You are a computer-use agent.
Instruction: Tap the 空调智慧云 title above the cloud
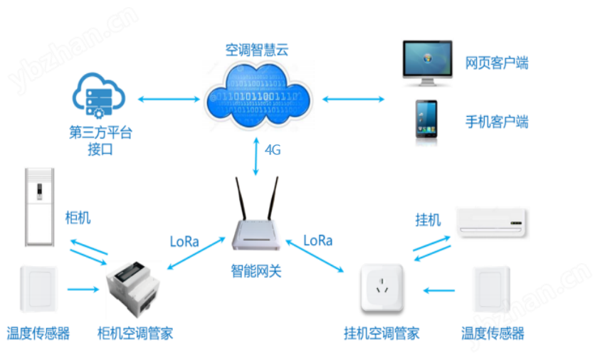pos(257,50)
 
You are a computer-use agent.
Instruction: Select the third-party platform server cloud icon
pos(99,95)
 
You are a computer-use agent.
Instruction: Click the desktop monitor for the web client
pos(428,63)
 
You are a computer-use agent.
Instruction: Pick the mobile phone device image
pos(426,120)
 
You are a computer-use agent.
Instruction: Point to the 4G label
pos(273,150)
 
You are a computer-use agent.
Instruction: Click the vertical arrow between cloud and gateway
pos(256,157)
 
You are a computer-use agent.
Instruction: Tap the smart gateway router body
pos(256,234)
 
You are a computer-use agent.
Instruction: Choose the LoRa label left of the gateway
pos(184,242)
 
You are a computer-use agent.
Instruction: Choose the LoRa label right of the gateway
pos(318,240)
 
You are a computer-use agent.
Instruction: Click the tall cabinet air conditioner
pos(39,206)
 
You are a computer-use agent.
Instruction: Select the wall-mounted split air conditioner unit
pos(491,223)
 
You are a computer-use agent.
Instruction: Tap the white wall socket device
pos(382,287)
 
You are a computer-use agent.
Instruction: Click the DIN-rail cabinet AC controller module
pos(133,290)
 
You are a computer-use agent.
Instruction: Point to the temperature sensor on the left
pos(39,290)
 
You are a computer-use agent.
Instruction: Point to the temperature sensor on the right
pos(491,290)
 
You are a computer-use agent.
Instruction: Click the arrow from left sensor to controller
pos(83,290)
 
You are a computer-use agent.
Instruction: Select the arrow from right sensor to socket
pos(439,291)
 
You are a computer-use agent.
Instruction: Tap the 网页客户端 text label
pos(497,63)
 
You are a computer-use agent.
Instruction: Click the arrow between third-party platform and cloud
pos(169,100)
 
